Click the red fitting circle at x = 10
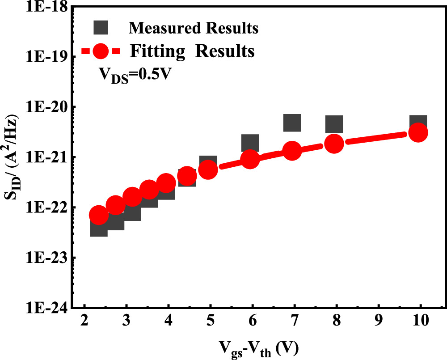[418, 132]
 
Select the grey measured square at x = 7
[292, 122]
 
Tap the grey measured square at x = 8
[334, 124]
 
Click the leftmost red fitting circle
[99, 215]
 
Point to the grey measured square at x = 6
[250, 143]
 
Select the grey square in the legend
[103, 28]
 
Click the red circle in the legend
[103, 51]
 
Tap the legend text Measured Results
[194, 28]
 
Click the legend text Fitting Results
[193, 51]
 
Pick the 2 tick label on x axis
[84, 322]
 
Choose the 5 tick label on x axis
[211, 322]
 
